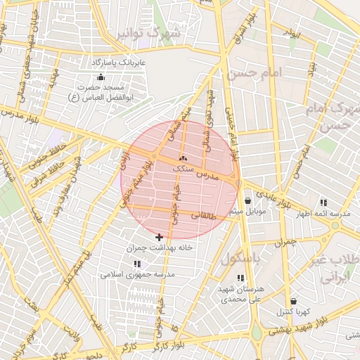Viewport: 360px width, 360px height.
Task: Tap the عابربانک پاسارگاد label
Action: [x=117, y=63]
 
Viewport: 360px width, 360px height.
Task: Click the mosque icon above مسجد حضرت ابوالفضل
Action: [x=101, y=77]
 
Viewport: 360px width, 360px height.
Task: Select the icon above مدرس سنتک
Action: [x=184, y=159]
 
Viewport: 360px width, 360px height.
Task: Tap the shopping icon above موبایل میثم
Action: [x=248, y=200]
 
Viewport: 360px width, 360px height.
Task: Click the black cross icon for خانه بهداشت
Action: [x=159, y=237]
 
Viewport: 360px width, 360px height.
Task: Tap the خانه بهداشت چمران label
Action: [x=159, y=248]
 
